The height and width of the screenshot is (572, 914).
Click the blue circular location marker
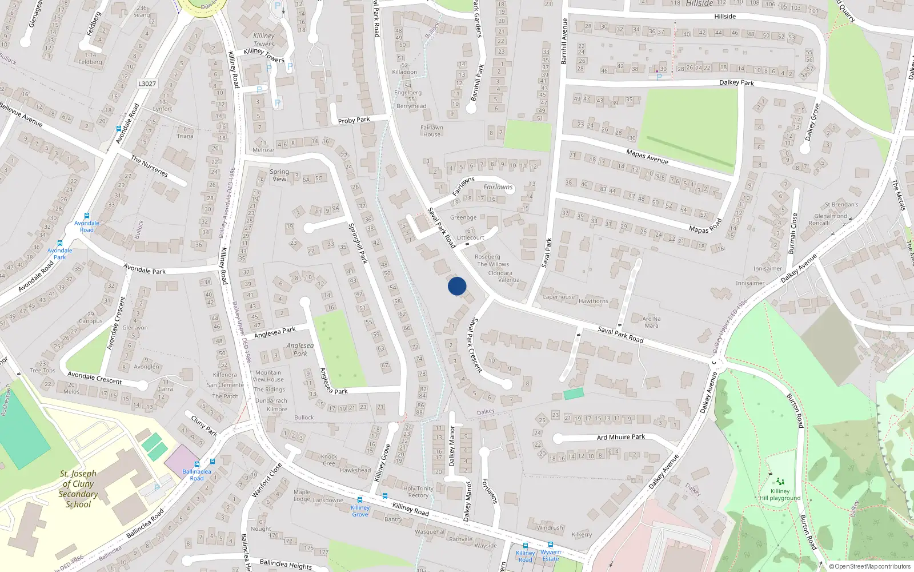tap(457, 286)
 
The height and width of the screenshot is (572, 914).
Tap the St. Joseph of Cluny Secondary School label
tap(78, 489)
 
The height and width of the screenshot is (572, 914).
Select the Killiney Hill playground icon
tap(780, 482)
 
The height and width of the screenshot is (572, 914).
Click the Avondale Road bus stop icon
tap(86, 216)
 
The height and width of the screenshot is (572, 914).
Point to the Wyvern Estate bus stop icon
tap(550, 545)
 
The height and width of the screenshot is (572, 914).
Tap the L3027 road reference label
tap(147, 84)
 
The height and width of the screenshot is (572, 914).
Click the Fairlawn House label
tap(432, 131)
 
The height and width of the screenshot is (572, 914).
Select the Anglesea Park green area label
tap(300, 349)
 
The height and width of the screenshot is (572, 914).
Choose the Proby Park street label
tap(354, 120)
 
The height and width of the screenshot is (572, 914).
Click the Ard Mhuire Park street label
tap(620, 437)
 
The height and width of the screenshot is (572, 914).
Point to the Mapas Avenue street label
tap(647, 156)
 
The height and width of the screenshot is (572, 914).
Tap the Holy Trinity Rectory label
tap(418, 492)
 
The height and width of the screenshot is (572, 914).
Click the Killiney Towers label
tap(263, 39)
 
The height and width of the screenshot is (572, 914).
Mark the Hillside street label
tap(724, 17)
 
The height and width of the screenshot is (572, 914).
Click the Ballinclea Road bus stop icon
tap(197, 464)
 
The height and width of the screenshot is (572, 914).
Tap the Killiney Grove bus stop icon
tap(360, 500)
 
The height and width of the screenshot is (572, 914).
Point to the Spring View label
tap(279, 175)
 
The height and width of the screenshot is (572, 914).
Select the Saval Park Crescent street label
tap(475, 345)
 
